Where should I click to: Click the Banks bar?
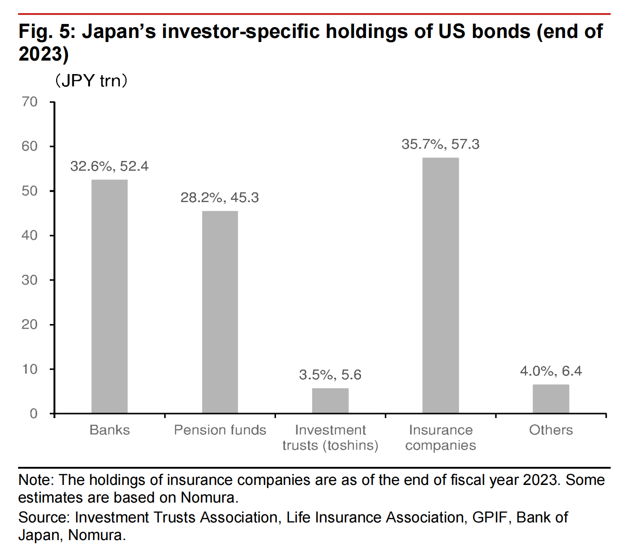pos(109,296)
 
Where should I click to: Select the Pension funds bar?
pos(220,312)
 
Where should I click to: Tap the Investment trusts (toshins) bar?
pos(330,400)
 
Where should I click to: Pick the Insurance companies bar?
pos(441,285)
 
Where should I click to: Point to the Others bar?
pos(551,399)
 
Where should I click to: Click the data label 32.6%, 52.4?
pos(109,166)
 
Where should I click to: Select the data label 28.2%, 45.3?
pos(220,198)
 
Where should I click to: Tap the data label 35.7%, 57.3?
pos(441,144)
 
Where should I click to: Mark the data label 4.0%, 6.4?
pos(551,371)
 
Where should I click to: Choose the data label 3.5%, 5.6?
pos(330,375)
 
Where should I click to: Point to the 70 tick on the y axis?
pos(29,102)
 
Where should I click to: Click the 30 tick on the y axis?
pos(29,280)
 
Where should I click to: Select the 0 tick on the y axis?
pos(33,414)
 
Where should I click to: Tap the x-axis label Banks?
pos(109,430)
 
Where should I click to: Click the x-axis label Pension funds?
pos(220,430)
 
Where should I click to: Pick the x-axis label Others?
pos(551,430)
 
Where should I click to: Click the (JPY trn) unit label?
pos(91,81)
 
